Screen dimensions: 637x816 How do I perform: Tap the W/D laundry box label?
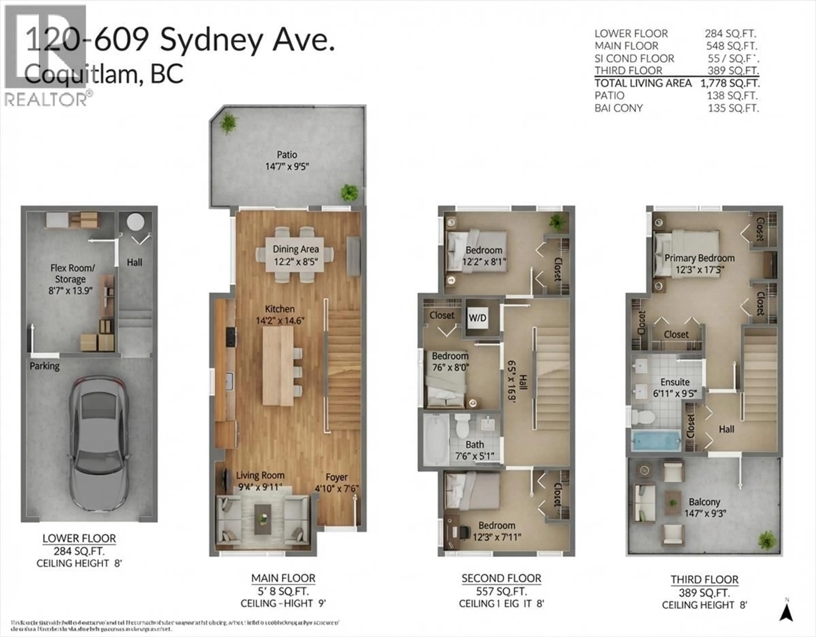[x=477, y=318]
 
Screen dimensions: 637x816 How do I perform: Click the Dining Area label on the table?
[x=296, y=249]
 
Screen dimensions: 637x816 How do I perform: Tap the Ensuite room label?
[x=675, y=382]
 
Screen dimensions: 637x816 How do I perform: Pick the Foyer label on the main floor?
[x=336, y=477]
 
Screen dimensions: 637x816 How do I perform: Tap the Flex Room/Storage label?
[x=72, y=273]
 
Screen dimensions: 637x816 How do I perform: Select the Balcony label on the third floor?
[x=704, y=502]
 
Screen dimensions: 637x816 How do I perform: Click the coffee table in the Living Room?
[x=263, y=519]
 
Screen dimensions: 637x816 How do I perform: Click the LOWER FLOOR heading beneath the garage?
[x=79, y=538]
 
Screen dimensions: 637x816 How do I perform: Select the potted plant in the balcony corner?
[x=767, y=540]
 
